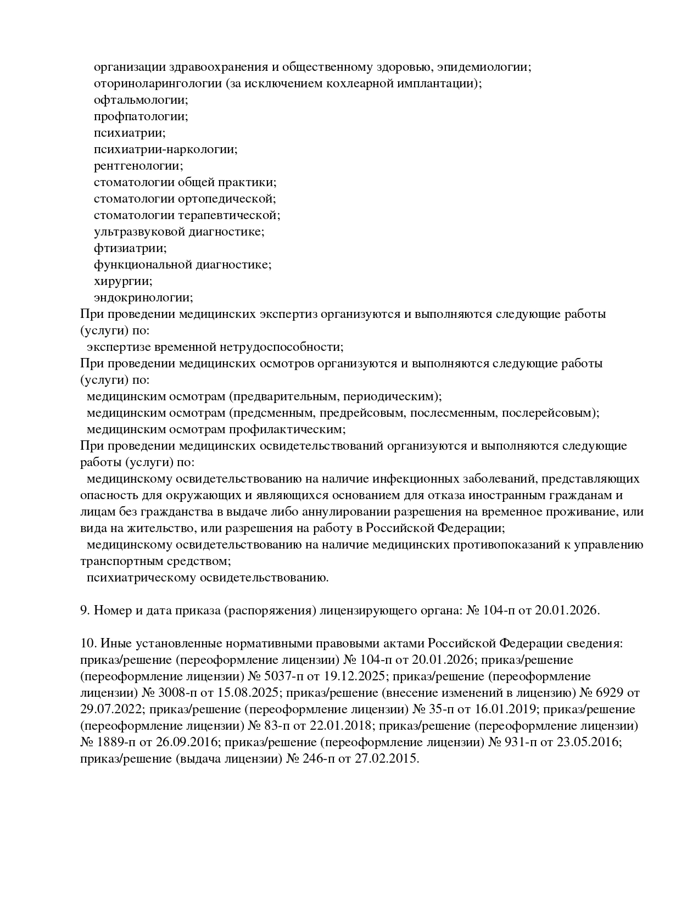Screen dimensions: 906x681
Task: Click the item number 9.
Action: click(x=85, y=611)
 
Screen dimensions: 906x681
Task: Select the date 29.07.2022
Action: click(x=110, y=709)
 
